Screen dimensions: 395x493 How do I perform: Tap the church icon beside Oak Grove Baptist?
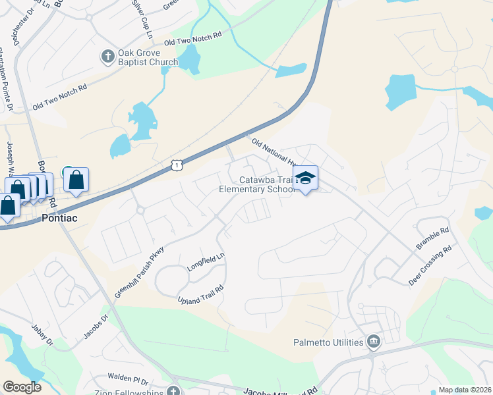107,57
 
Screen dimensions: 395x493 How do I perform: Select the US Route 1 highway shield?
176,166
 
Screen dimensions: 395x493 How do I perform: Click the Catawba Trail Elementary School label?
257,184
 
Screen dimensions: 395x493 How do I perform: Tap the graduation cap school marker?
305,178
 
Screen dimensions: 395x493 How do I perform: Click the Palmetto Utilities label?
328,342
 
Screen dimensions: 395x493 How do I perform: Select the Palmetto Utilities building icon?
374,342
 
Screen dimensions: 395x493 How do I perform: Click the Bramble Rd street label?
432,239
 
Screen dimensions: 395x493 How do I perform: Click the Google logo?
22,387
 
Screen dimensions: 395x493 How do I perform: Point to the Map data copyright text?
465,390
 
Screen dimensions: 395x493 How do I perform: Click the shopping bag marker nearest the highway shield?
76,179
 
